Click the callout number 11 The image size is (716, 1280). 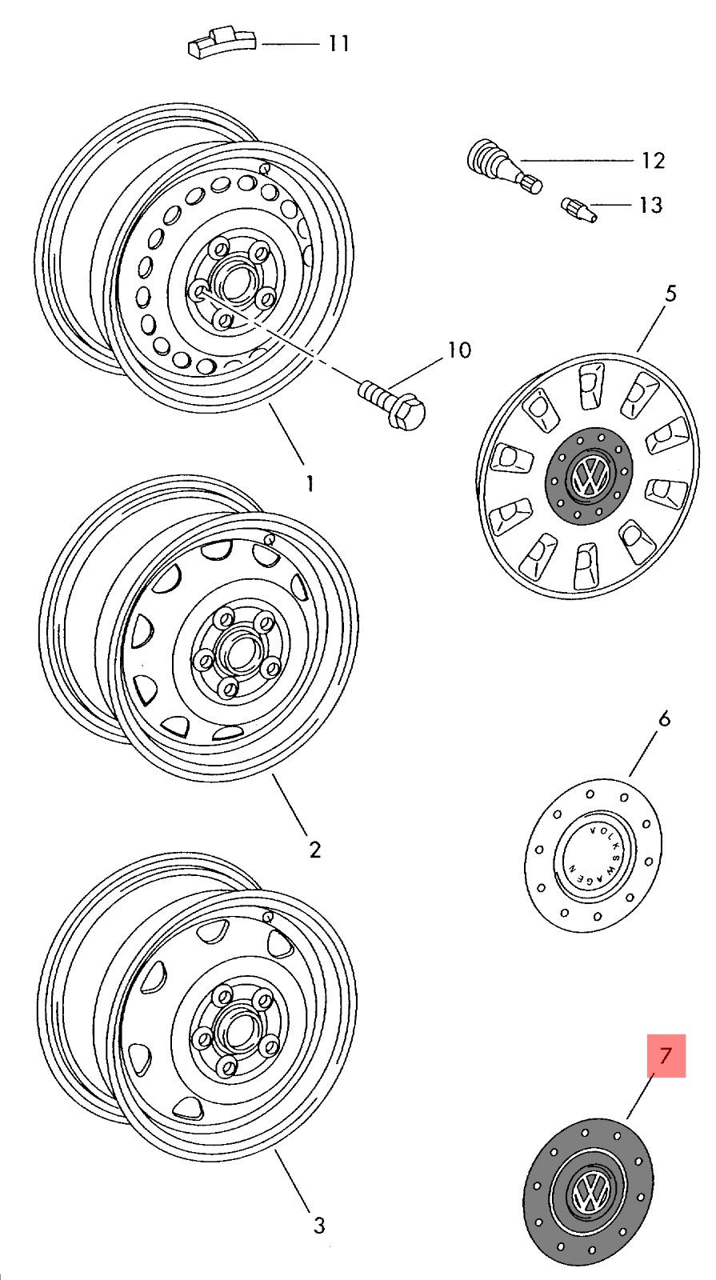339,43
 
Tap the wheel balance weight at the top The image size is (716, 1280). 222,43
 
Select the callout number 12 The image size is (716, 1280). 653,161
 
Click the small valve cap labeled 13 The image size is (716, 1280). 577,212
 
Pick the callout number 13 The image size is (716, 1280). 650,206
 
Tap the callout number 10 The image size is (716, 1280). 459,350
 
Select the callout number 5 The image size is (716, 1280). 670,294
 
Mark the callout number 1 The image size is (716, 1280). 310,483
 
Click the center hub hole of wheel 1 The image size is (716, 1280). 234,282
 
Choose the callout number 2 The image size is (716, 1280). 314,850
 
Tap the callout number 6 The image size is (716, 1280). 664,719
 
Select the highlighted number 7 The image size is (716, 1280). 665,1056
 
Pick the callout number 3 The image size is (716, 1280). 318,1225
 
